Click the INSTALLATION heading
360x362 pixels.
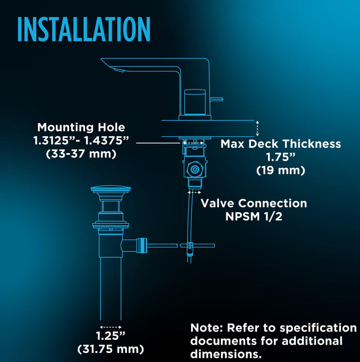point(83,30)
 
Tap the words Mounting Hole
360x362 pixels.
point(81,128)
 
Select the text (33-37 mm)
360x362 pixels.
point(81,154)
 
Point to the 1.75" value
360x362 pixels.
point(280,157)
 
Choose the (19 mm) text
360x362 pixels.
point(280,170)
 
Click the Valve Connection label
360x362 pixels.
point(253,203)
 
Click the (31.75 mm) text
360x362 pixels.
point(110,348)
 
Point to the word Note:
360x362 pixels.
point(207,328)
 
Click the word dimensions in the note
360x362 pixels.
point(225,354)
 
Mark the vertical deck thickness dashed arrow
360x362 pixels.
point(257,128)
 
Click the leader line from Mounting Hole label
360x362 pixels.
point(157,143)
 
